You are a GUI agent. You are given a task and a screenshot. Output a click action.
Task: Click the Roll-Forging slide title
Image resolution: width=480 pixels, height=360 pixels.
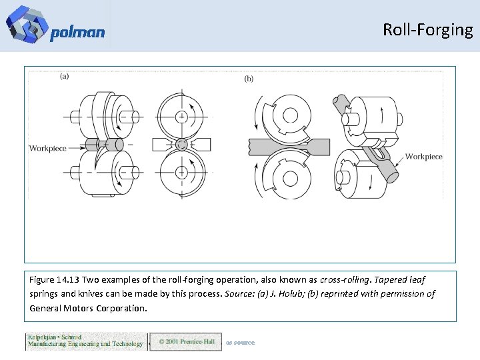click(x=427, y=29)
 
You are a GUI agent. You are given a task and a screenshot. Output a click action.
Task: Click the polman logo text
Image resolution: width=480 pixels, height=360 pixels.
click(x=77, y=33)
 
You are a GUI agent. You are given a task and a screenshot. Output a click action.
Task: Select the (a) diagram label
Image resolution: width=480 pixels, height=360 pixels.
click(x=64, y=76)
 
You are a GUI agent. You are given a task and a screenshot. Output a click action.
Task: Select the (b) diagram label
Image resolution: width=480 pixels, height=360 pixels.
click(x=249, y=79)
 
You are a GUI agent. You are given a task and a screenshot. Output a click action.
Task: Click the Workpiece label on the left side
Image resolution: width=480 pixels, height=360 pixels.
click(x=48, y=148)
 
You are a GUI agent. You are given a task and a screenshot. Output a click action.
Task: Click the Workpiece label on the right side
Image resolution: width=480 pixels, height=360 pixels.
click(x=423, y=157)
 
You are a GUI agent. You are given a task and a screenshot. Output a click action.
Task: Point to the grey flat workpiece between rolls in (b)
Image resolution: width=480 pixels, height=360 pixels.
click(x=280, y=145)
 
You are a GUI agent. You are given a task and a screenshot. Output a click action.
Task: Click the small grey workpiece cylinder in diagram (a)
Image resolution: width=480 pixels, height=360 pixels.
click(x=110, y=145)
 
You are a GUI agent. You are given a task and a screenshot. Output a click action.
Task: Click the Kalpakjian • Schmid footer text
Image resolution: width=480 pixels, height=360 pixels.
click(x=54, y=337)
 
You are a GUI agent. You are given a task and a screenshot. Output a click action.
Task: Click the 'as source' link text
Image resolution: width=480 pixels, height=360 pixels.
click(x=240, y=343)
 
